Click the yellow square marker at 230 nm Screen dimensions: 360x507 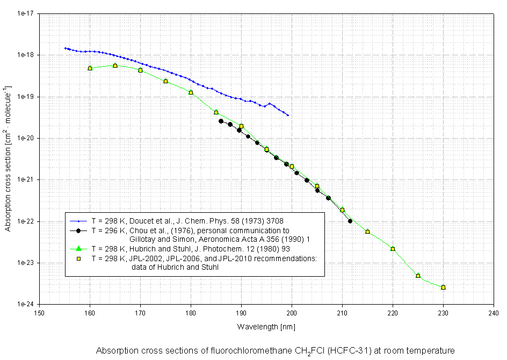click(x=443, y=287)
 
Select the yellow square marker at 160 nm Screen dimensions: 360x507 click(x=90, y=68)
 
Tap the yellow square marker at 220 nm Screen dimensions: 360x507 click(x=393, y=249)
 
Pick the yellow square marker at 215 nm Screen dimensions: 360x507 click(x=367, y=232)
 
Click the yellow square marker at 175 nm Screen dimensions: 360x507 click(x=165, y=81)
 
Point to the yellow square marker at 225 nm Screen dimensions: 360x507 click(x=418, y=276)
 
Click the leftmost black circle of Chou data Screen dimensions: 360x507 click(x=221, y=121)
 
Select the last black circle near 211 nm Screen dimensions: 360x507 click(x=350, y=221)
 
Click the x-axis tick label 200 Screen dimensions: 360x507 click(x=292, y=312)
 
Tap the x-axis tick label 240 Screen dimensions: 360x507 click(x=494, y=312)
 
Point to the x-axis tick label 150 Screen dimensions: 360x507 click(x=39, y=312)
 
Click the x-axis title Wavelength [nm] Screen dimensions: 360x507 click(x=266, y=326)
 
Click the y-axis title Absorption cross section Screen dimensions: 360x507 click(x=8, y=157)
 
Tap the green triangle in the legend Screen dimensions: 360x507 click(x=78, y=248)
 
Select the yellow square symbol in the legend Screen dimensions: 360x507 click(x=78, y=258)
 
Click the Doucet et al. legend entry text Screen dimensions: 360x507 click(x=187, y=220)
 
